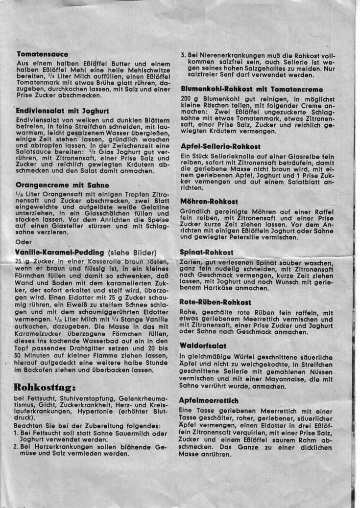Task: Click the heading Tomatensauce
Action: [x=42, y=54]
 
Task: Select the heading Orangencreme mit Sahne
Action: [x=59, y=185]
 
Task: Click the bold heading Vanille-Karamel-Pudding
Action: [x=60, y=253]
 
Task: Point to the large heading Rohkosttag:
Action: [x=44, y=388]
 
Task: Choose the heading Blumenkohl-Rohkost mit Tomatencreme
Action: [x=252, y=90]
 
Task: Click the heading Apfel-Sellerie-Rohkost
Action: [x=220, y=146]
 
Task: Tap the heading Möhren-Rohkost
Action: [x=209, y=201]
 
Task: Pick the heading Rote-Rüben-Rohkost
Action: [x=216, y=302]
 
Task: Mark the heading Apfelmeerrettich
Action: [x=209, y=400]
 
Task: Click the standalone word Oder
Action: [x=24, y=242]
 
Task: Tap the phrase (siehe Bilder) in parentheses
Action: [x=132, y=253]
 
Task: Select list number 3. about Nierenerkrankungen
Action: [x=183, y=56]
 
